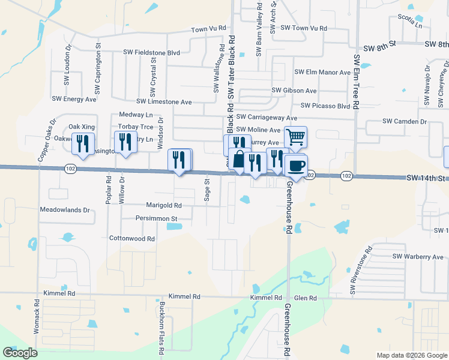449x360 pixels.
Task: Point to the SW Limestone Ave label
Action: [x=164, y=102]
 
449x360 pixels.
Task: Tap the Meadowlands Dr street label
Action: [x=64, y=211]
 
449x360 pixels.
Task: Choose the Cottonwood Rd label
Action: [x=132, y=238]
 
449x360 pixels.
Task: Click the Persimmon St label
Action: [x=157, y=218]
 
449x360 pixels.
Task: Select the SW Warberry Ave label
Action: [x=418, y=257]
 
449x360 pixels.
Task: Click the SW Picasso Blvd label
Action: [x=325, y=106]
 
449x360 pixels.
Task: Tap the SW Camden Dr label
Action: [x=404, y=122]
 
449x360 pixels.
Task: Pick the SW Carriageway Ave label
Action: [x=267, y=118]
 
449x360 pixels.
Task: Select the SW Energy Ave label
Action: [x=74, y=99]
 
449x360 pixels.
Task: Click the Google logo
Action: [x=20, y=353]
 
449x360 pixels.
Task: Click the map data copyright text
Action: [x=411, y=355]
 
